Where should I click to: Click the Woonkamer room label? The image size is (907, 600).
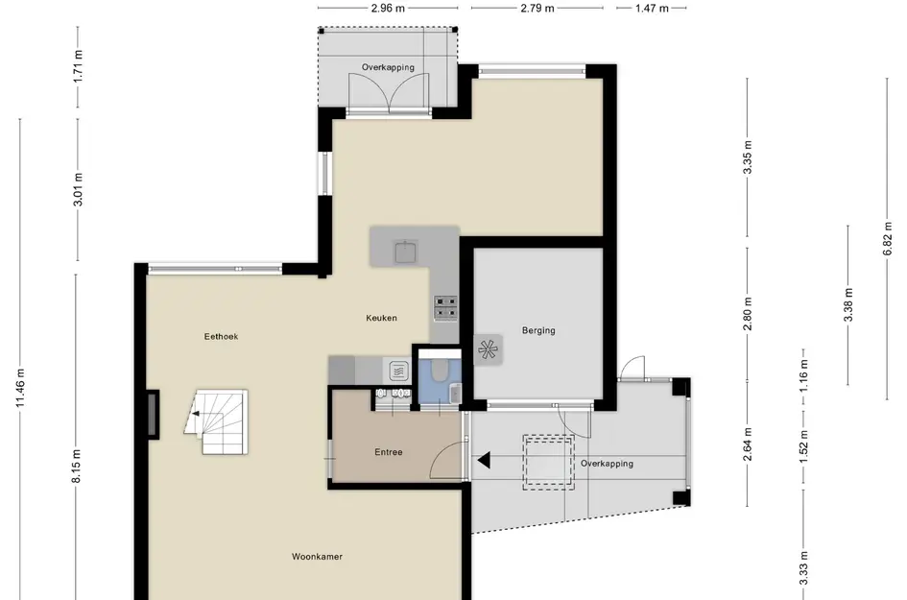(317, 557)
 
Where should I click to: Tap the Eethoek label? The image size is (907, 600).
(221, 336)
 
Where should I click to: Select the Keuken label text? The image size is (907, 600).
(381, 318)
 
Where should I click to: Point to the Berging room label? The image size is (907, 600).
(538, 330)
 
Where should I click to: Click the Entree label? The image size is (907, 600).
(388, 452)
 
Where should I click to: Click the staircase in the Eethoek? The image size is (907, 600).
(217, 421)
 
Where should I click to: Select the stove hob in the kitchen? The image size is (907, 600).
(446, 308)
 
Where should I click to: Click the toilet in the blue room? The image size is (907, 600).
(440, 371)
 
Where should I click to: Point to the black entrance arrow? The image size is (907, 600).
(484, 461)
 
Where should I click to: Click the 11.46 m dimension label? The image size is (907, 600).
(20, 388)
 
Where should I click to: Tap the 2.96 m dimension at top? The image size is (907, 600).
(388, 8)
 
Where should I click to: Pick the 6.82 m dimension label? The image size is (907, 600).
(888, 238)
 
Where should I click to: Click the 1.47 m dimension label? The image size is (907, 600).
(652, 8)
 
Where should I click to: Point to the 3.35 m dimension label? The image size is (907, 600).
(748, 157)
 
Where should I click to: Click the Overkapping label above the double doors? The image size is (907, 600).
(388, 67)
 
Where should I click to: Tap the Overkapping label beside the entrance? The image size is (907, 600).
(607, 464)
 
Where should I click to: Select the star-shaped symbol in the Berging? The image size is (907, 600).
(487, 349)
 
